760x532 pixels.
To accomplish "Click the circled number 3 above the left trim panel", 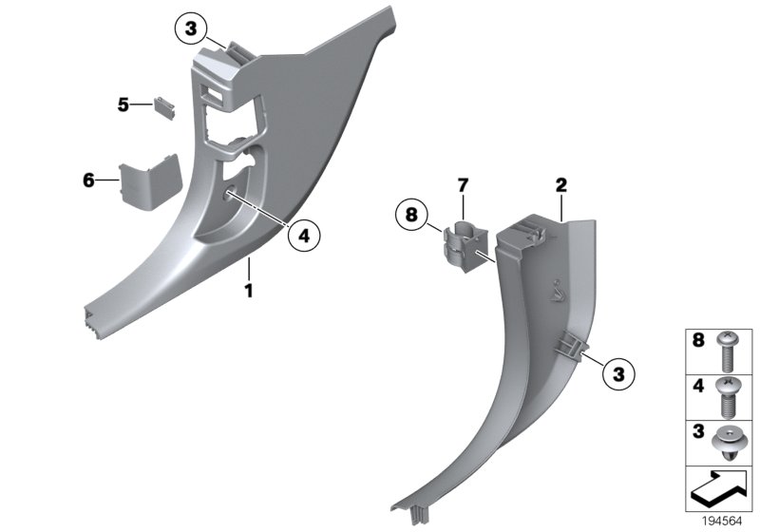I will point(190,31).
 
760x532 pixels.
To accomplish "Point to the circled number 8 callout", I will point(410,216).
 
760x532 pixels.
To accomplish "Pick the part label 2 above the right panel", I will point(561,185).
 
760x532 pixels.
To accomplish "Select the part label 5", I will point(123,104).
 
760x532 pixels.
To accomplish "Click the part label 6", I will point(88,179).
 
